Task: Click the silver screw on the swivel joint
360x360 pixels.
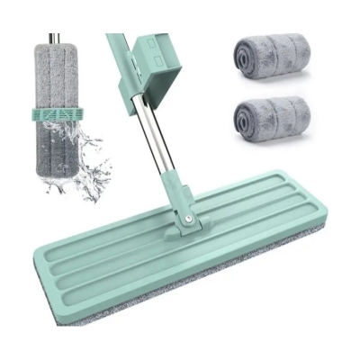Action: coord(188,219)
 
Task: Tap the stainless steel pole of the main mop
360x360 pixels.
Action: coord(153,135)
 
